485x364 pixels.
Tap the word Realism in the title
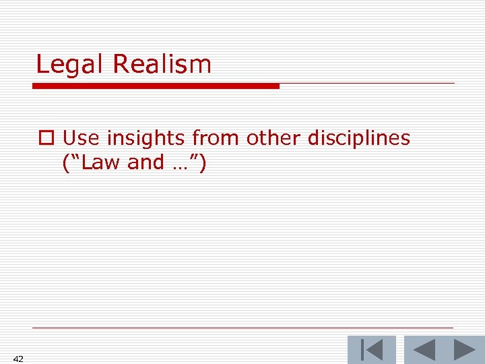pyautogui.click(x=162, y=64)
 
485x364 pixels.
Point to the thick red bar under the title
pyautogui.click(x=156, y=86)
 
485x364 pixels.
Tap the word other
pyautogui.click(x=273, y=138)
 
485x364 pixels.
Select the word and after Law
pyautogui.click(x=145, y=162)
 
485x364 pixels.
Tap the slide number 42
pyautogui.click(x=18, y=359)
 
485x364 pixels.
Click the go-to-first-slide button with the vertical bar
pyautogui.click(x=371, y=351)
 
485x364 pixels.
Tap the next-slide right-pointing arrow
pyautogui.click(x=465, y=351)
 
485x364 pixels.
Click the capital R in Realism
pyautogui.click(x=121, y=64)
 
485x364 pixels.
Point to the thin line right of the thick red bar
pyautogui.click(x=367, y=84)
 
